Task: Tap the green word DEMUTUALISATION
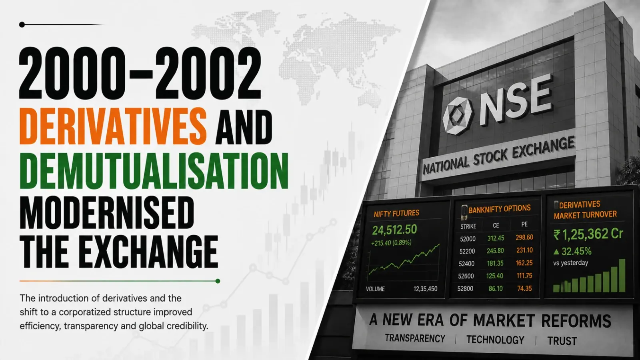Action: point(154,171)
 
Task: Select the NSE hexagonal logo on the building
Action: point(458,116)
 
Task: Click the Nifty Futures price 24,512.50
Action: point(394,230)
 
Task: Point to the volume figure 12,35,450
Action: point(425,289)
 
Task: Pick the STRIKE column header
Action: point(468,226)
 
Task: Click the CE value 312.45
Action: point(496,238)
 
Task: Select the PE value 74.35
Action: point(524,288)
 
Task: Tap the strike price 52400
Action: point(466,264)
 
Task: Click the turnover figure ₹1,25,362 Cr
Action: point(588,234)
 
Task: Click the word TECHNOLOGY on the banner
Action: point(496,340)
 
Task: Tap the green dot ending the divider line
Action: point(218,281)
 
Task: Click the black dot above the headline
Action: point(22,25)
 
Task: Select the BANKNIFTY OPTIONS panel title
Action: point(500,209)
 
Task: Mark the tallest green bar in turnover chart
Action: point(622,276)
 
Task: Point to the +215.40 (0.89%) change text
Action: point(391,243)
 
